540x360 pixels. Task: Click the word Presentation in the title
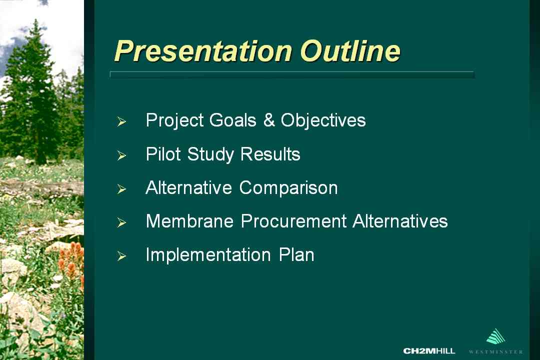point(203,51)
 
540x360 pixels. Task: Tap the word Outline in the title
point(350,51)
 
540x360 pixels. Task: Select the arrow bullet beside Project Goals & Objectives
point(121,121)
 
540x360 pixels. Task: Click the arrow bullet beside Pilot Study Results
point(121,155)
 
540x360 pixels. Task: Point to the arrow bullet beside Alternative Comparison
point(121,189)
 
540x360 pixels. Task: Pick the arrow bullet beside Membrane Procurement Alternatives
point(121,222)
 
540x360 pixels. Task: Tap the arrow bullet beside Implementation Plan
point(121,256)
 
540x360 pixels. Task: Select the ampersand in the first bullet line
point(269,120)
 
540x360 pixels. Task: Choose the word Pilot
point(163,154)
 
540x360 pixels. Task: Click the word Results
point(270,154)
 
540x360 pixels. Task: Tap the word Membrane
point(190,221)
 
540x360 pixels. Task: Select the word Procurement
point(294,221)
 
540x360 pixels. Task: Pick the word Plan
point(296,255)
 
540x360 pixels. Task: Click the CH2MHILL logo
point(429,351)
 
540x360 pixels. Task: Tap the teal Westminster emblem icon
point(495,336)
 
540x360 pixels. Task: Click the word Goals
point(233,120)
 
